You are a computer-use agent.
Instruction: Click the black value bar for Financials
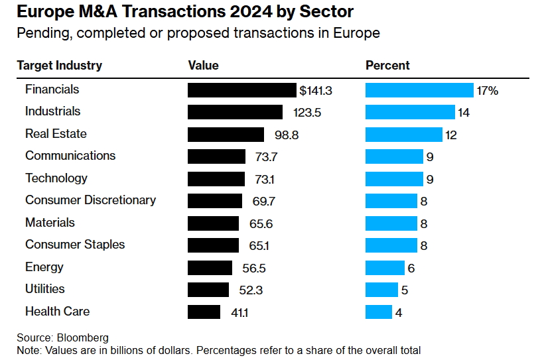coord(241,90)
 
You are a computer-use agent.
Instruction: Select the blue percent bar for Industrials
coord(410,112)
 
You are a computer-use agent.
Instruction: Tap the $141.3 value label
coord(316,90)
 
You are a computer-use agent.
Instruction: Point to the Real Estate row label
coord(56,134)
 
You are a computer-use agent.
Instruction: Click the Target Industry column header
coord(59,66)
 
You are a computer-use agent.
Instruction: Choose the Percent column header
coord(387,66)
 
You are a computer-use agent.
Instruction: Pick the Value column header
coord(203,66)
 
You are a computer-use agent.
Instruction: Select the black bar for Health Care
coord(204,312)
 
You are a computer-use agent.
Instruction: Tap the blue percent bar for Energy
coord(385,267)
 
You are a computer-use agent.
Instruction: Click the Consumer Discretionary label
coord(90,200)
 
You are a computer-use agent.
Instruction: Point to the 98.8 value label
coord(287,135)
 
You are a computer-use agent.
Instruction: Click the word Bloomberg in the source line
coord(82,338)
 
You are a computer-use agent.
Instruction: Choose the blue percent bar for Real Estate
coord(403,135)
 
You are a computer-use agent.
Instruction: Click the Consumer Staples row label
coord(75,245)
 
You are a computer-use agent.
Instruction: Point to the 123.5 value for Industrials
coord(306,113)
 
